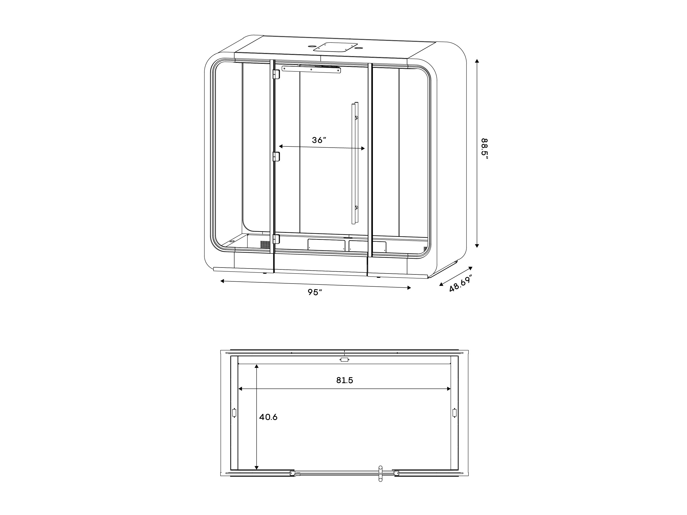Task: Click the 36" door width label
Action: click(319, 140)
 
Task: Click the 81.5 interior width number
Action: click(344, 380)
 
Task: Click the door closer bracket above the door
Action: click(311, 70)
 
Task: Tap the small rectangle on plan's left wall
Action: click(234, 413)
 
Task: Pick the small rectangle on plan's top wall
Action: click(344, 360)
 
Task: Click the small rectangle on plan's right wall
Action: click(454, 413)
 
